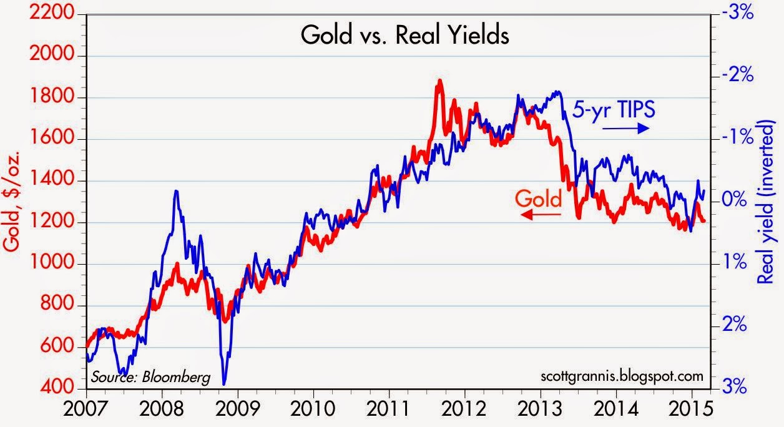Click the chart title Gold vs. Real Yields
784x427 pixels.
(405, 36)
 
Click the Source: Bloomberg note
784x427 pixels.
(150, 377)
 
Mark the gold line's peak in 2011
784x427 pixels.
(439, 81)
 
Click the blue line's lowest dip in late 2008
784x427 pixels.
(224, 383)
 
